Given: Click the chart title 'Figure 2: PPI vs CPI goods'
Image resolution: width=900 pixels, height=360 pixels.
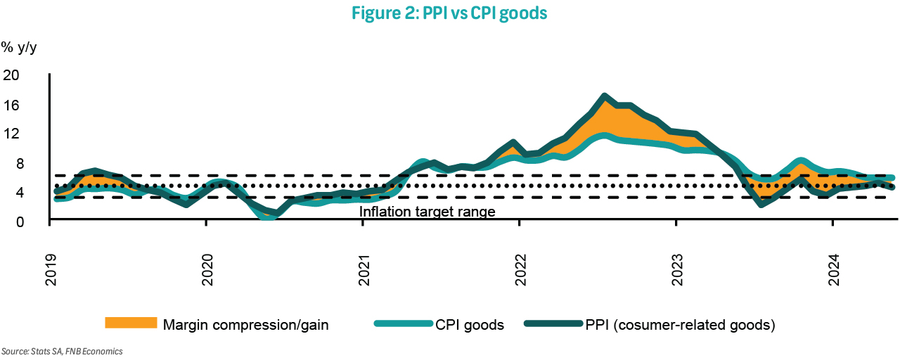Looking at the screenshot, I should point(450,14).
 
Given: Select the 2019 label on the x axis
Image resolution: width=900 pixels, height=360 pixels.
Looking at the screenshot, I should point(51,270).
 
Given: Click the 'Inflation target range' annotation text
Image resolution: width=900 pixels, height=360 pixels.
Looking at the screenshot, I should point(427,212).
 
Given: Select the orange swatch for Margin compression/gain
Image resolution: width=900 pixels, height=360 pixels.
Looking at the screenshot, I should point(130,323).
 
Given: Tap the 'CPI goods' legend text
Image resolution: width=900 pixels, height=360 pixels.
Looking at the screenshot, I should point(471,325).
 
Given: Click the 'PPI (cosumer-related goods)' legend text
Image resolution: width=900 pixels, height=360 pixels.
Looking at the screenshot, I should point(679,325).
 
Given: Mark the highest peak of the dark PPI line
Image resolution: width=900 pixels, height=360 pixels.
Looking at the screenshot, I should point(604,96).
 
